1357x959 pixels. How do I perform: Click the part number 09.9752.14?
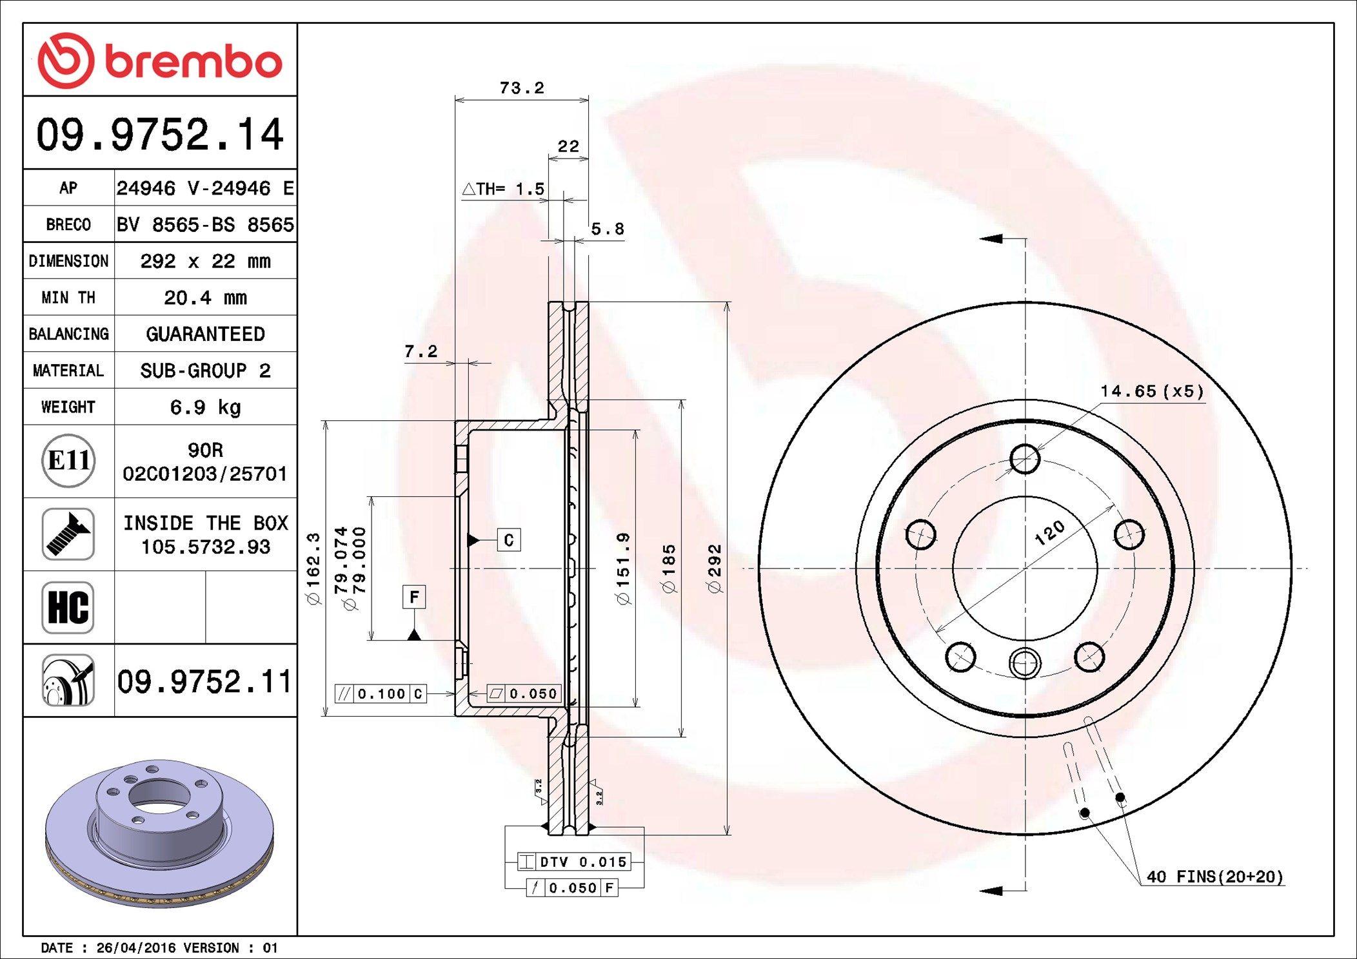159,134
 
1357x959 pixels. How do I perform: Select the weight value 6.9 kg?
205,407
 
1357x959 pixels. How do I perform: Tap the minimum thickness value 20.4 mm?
205,298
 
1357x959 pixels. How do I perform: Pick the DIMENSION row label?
68,261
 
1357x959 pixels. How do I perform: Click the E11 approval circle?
68,460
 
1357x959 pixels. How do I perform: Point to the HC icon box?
68,607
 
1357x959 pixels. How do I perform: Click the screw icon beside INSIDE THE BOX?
68,534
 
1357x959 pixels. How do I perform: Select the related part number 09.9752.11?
204,681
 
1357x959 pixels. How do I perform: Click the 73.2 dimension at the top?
522,88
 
